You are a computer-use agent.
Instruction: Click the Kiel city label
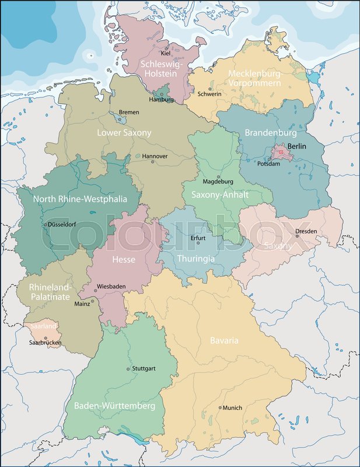(166, 54)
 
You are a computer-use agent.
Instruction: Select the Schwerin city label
(209, 94)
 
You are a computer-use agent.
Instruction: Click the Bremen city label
(129, 112)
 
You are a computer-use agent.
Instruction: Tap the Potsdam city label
(269, 164)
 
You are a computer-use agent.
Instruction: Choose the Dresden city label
(306, 231)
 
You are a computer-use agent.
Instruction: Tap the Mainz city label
(82, 304)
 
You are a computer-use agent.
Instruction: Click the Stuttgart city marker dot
(128, 369)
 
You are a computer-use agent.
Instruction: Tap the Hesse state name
(124, 259)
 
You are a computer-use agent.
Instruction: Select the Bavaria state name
(224, 340)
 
